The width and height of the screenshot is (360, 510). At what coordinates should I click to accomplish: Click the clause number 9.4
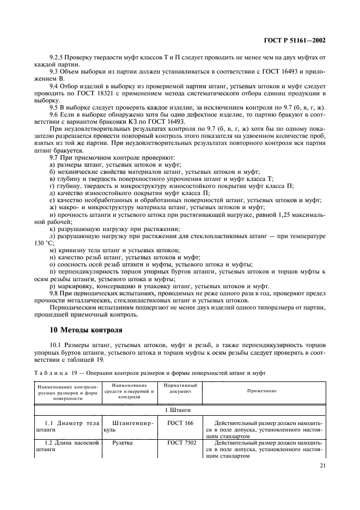(53, 86)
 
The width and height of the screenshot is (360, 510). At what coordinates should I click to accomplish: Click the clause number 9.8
(53, 293)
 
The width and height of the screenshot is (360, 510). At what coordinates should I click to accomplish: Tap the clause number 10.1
(55, 345)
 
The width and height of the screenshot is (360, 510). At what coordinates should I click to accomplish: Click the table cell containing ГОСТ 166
(177, 422)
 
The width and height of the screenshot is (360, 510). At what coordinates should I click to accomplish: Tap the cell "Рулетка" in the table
(123, 444)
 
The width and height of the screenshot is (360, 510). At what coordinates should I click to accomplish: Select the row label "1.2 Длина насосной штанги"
(67, 447)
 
